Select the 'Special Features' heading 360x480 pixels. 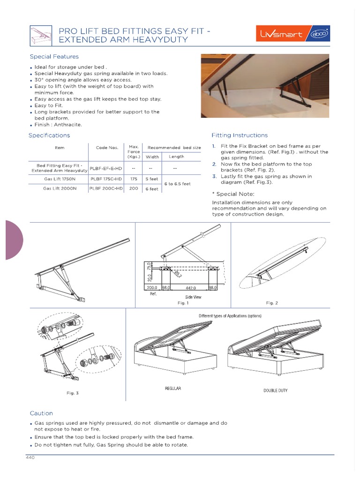[47, 57]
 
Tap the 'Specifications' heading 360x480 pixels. [49, 135]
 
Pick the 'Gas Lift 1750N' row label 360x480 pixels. [60, 179]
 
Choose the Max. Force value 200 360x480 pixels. [134, 188]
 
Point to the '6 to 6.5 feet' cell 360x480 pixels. [177, 184]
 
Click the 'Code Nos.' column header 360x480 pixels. [107, 148]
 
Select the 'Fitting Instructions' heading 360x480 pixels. [240, 135]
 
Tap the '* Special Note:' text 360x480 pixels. [233, 194]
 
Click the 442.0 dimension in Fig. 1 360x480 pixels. [190, 288]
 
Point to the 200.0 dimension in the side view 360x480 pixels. [151, 288]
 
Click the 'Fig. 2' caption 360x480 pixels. [272, 303]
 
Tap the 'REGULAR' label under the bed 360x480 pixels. [173, 389]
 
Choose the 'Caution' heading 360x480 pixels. [41, 413]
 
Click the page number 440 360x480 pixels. [30, 458]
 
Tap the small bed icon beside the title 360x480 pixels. [40, 35]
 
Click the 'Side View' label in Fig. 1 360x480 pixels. [194, 297]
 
